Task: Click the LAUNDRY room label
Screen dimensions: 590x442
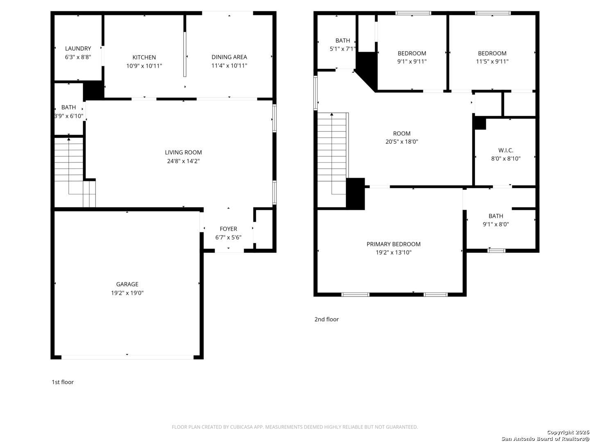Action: (78, 49)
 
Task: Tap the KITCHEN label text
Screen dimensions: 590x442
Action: (144, 57)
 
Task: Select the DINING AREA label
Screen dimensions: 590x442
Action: (229, 57)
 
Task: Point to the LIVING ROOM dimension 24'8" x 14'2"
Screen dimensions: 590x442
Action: (183, 161)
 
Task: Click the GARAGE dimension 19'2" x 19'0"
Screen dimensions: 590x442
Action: (127, 293)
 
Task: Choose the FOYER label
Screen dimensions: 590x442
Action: (228, 229)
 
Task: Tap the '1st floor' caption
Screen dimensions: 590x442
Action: (63, 382)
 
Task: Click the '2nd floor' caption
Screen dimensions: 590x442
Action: (326, 319)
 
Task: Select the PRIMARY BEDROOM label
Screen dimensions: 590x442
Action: (393, 244)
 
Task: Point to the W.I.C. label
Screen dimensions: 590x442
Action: (505, 150)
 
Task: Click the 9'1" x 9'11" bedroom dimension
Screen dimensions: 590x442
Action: (412, 61)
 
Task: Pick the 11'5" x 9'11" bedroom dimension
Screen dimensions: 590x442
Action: (492, 61)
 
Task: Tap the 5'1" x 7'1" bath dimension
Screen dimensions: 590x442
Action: (343, 49)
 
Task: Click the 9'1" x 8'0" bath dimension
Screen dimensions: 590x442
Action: (496, 224)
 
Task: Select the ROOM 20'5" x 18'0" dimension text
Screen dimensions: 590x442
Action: (402, 142)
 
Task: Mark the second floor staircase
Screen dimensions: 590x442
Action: (333, 153)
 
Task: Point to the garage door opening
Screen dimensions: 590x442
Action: (127, 357)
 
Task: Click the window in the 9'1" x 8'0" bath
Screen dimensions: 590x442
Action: (496, 250)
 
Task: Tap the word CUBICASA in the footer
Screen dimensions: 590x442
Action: (240, 427)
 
